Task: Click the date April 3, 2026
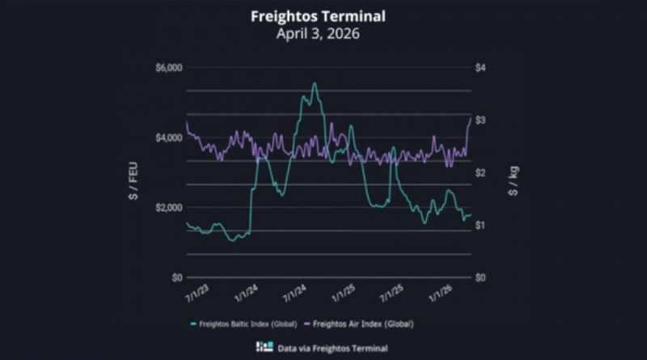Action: [323, 34]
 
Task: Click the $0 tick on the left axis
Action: [175, 277]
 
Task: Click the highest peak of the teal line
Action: [314, 83]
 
